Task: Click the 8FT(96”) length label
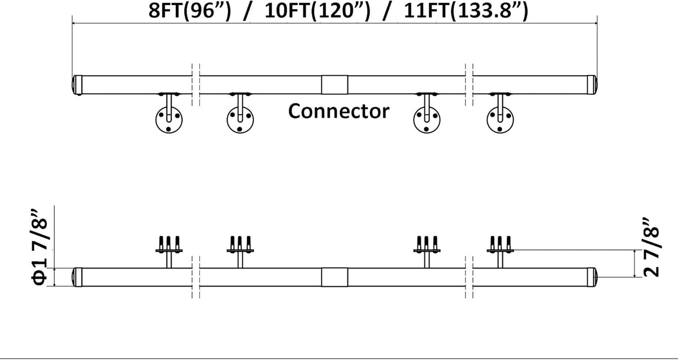tap(190, 11)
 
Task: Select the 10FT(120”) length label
tap(318, 11)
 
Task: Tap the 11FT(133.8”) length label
tap(466, 11)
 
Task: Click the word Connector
tap(338, 111)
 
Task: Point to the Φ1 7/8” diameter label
tap(40, 247)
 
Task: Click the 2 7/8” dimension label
tap(651, 247)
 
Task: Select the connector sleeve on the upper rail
tap(334, 85)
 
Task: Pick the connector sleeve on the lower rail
tap(334, 277)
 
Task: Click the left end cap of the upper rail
tap(77, 85)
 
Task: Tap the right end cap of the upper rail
tap(592, 85)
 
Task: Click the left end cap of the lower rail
tap(77, 277)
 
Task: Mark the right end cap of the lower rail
tap(592, 277)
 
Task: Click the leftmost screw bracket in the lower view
tap(169, 251)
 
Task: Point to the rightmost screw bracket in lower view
tap(500, 251)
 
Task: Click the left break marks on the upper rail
tap(196, 85)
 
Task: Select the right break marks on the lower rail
tap(469, 277)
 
